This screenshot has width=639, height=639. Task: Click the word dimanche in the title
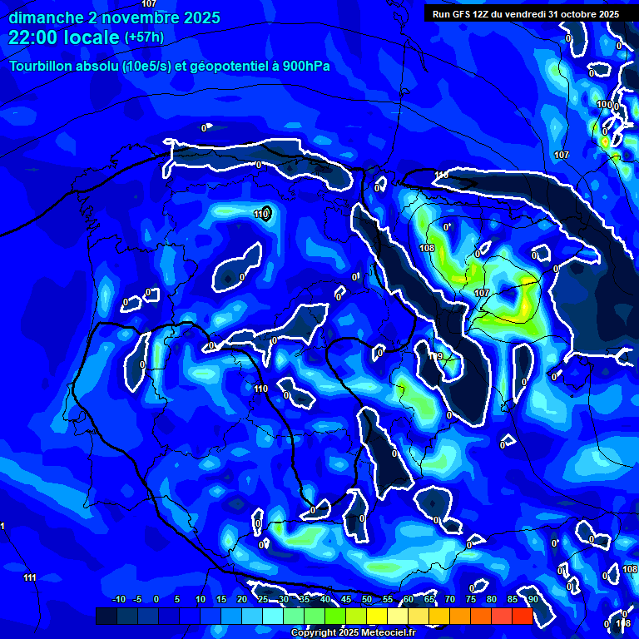pyautogui.click(x=41, y=17)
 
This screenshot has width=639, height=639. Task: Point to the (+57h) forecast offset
pyautogui.click(x=144, y=37)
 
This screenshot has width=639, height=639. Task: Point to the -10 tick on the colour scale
pyautogui.click(x=118, y=599)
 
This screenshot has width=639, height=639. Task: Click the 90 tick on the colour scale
pyautogui.click(x=532, y=599)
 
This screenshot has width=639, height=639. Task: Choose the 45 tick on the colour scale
pyautogui.click(x=345, y=599)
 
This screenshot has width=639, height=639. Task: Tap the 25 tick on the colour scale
pyautogui.click(x=263, y=599)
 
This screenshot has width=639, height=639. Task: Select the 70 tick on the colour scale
pyautogui.click(x=449, y=599)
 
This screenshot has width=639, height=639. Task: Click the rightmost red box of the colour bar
pyautogui.click(x=522, y=616)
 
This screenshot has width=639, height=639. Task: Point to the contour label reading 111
pyautogui.click(x=30, y=577)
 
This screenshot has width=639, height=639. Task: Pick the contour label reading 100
pyautogui.click(x=604, y=104)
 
